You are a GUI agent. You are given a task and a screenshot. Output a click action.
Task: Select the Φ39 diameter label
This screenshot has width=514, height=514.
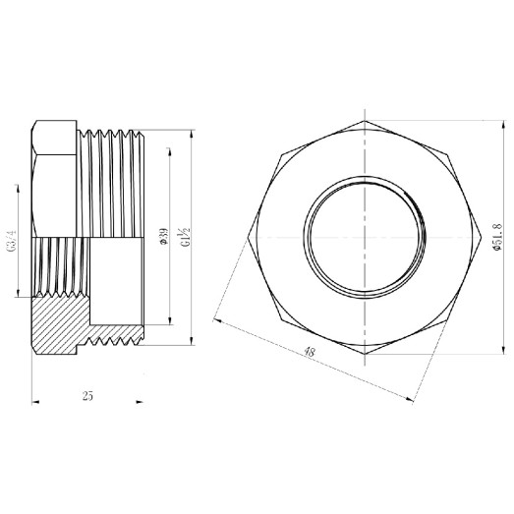163,238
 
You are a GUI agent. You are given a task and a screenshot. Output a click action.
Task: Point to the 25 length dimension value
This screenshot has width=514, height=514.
88,396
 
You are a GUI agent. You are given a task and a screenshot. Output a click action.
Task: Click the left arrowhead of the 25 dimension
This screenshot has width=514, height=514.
34,399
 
